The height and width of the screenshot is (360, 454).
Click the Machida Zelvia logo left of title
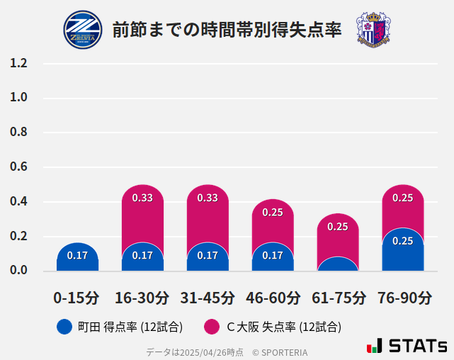83,30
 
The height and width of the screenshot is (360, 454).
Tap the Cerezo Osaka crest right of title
373,30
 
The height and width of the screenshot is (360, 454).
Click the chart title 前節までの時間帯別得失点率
227,30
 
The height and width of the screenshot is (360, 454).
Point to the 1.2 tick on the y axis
18,63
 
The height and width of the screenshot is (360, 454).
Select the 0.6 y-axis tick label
18,167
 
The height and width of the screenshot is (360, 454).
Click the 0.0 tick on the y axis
18,271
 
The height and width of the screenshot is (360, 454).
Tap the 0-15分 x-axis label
77,298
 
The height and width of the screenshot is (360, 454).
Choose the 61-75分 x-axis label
338,298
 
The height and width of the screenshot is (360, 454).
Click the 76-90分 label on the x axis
403,298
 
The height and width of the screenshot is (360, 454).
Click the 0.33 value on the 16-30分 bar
142,198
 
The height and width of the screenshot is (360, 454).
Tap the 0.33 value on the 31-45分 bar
208,198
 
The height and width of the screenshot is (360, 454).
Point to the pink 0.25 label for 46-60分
273,212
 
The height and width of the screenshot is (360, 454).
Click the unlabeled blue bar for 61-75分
338,264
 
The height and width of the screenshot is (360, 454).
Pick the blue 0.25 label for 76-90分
403,241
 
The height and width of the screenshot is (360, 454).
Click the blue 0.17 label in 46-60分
273,255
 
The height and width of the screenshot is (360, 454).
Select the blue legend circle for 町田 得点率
64,327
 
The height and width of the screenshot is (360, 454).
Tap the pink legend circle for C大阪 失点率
211,327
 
